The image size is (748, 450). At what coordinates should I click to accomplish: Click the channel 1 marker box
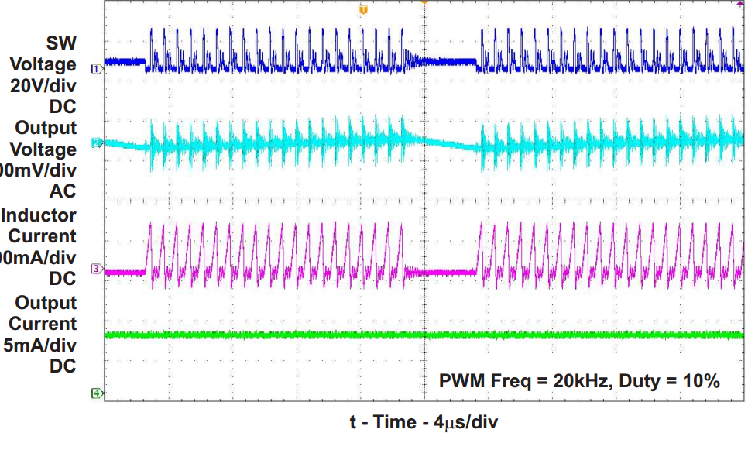point(97,69)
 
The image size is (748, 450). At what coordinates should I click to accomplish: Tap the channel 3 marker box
point(97,269)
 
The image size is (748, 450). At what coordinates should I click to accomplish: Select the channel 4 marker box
point(97,393)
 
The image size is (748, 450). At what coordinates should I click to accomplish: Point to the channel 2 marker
point(97,143)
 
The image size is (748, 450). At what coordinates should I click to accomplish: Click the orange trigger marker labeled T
point(363,9)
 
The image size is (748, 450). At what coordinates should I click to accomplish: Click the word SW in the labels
point(63,43)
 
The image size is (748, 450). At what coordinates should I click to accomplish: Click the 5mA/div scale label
point(39,345)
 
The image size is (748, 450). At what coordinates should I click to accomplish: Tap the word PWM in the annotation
point(461,381)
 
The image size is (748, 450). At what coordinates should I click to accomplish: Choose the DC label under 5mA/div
point(62,366)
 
